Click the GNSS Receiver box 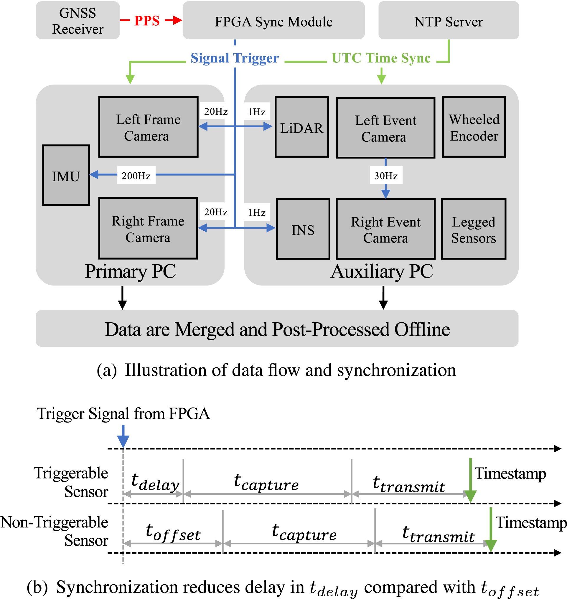78,20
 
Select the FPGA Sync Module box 273,20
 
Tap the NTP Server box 449,20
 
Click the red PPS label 147,21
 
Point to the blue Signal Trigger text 235,58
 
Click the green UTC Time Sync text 381,58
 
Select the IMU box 66,175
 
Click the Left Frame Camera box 149,127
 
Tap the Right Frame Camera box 148,228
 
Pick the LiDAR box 302,127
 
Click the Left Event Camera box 386,128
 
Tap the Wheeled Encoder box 474,127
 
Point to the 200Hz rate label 136,175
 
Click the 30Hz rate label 386,175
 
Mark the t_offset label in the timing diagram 173,533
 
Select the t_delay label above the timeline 155,482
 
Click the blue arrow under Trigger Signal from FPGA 123,436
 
